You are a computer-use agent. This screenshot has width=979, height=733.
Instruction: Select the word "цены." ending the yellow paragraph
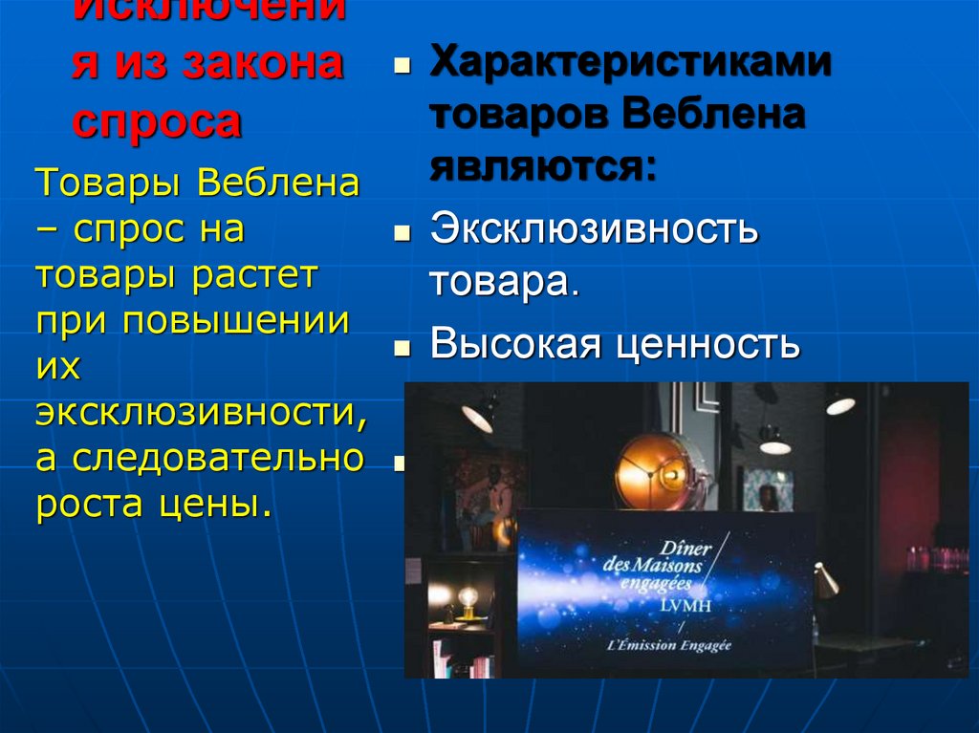(x=216, y=503)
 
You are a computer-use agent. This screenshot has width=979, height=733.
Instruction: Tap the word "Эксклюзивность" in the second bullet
(x=594, y=229)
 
